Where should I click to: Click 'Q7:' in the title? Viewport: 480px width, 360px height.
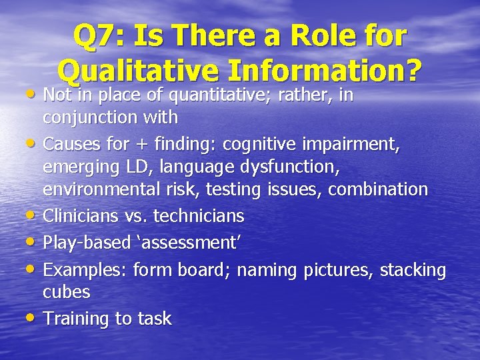tap(99, 37)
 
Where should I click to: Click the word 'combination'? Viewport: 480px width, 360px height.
tap(377, 189)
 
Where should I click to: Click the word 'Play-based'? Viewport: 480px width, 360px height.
tap(86, 243)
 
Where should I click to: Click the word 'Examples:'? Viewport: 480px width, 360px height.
tap(85, 270)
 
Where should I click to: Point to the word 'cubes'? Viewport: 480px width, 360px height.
tap(66, 292)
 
